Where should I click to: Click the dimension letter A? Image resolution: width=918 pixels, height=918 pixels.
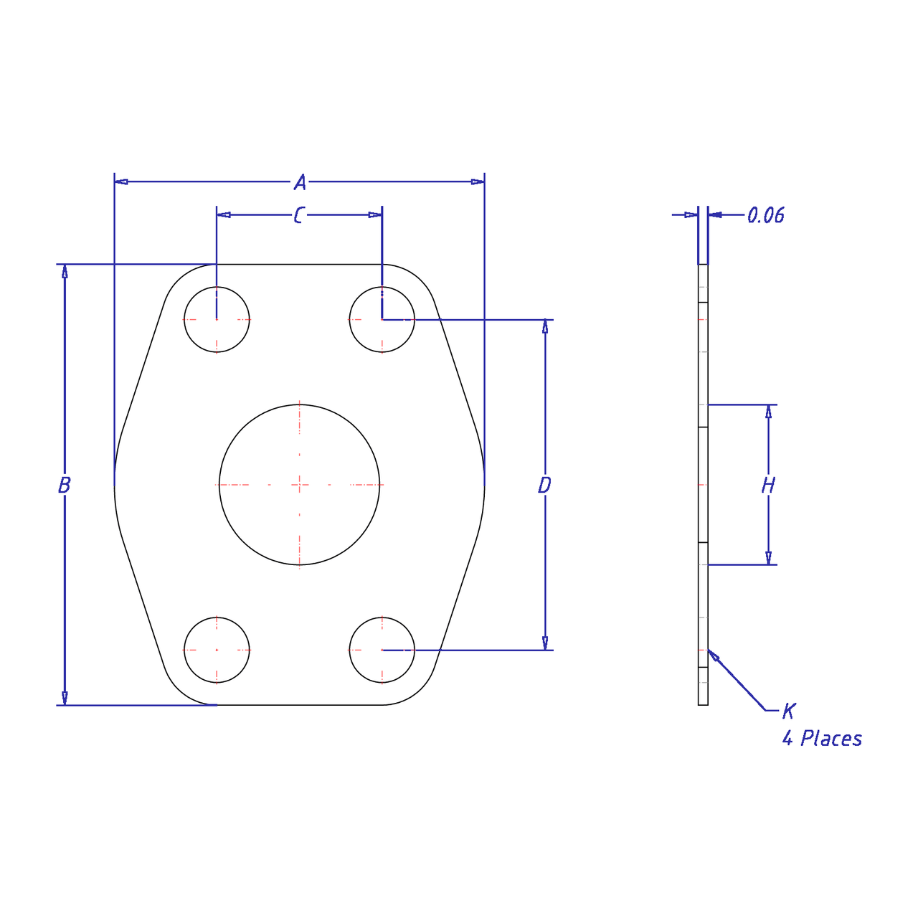(x=300, y=182)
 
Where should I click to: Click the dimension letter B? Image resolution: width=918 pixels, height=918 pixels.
(x=65, y=485)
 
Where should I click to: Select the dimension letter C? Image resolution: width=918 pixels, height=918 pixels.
(x=298, y=215)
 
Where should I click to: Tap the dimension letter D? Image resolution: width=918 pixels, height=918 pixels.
(x=544, y=485)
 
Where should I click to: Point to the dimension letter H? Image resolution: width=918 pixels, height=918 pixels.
(x=768, y=486)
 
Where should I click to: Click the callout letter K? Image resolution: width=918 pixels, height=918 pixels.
(x=789, y=711)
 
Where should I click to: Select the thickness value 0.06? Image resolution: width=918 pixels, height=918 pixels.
(x=765, y=215)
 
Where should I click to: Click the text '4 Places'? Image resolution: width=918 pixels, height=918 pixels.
(x=822, y=739)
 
